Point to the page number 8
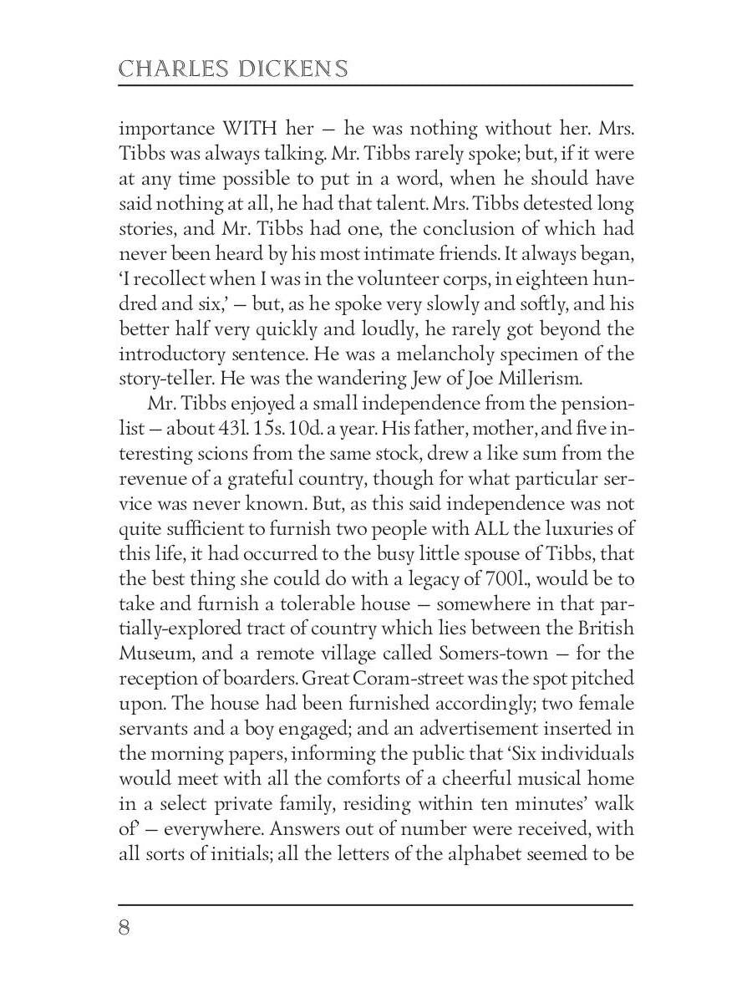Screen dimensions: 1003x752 coord(124,929)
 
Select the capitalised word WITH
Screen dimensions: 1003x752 coord(251,129)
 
